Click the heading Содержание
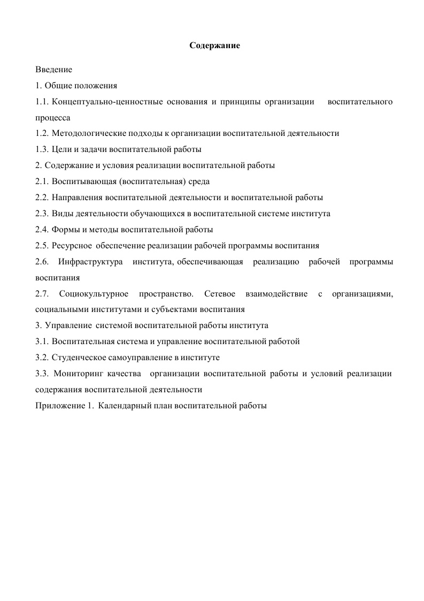215,46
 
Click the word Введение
53,70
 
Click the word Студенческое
79,357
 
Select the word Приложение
59,406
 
